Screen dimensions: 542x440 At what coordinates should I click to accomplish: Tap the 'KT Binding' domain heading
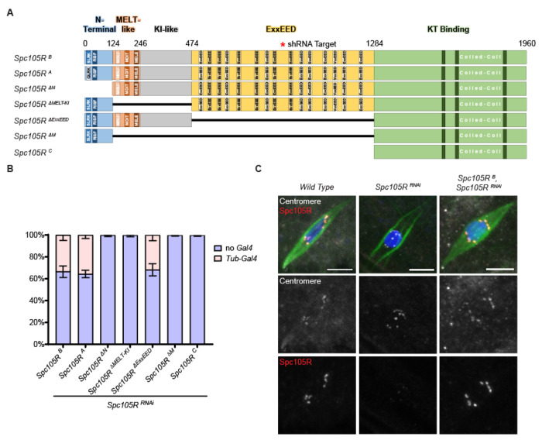click(x=450, y=29)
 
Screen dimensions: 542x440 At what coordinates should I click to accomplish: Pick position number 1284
click(x=374, y=44)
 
